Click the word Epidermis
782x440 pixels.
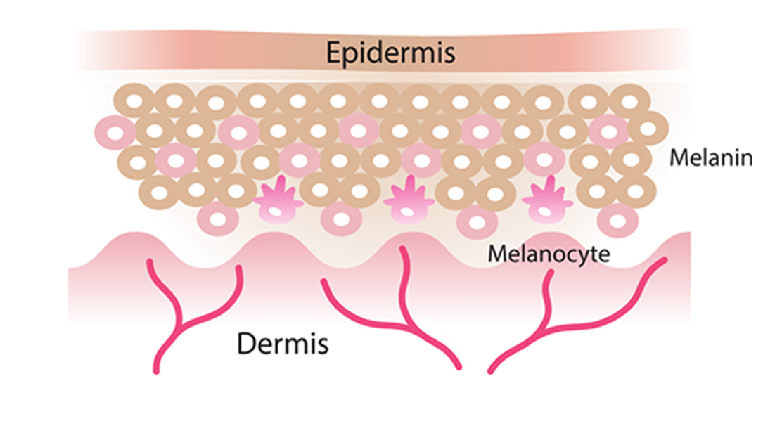[x=390, y=53]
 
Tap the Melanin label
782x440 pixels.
[x=711, y=158]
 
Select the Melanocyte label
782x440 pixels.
[x=549, y=254]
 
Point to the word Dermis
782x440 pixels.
[x=283, y=343]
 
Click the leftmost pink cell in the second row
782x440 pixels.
[x=115, y=133]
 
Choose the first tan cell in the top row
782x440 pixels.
[x=134, y=102]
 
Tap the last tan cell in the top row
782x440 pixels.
[x=630, y=102]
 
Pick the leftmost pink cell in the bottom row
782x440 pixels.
[x=218, y=219]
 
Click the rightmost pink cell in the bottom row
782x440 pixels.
[x=618, y=220]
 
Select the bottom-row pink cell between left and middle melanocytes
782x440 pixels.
[x=341, y=219]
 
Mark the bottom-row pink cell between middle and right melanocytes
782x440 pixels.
[x=477, y=222]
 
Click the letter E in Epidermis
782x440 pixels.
[x=333, y=52]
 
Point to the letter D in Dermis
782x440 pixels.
[x=246, y=343]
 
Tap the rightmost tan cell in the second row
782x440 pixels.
[x=648, y=129]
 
